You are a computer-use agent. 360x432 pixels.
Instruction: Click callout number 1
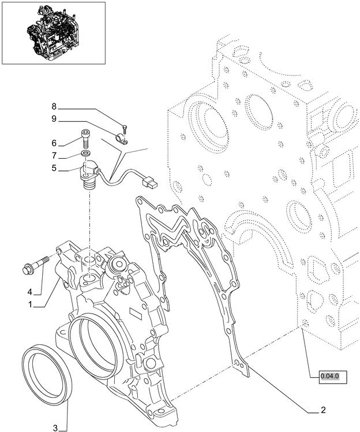[x=30, y=304]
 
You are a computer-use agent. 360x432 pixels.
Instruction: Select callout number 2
[x=323, y=409]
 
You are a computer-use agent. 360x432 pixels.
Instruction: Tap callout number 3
[x=55, y=428]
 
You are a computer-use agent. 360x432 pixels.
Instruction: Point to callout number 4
[x=30, y=292]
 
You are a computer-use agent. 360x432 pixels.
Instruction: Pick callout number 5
[x=54, y=168]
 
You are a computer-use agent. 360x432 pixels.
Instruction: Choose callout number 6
[x=54, y=143]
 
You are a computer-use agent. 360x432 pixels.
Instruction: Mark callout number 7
[x=54, y=156]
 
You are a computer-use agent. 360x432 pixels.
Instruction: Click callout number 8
[x=54, y=106]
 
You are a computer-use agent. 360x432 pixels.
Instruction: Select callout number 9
[x=54, y=119]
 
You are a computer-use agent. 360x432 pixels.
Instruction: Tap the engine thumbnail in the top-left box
[x=53, y=32]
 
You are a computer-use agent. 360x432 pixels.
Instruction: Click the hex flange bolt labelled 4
[x=36, y=265]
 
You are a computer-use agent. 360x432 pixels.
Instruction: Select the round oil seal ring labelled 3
[x=47, y=374]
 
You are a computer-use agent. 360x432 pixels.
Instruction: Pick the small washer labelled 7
[x=85, y=153]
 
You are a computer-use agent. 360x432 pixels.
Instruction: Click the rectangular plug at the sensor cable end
[x=150, y=183]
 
